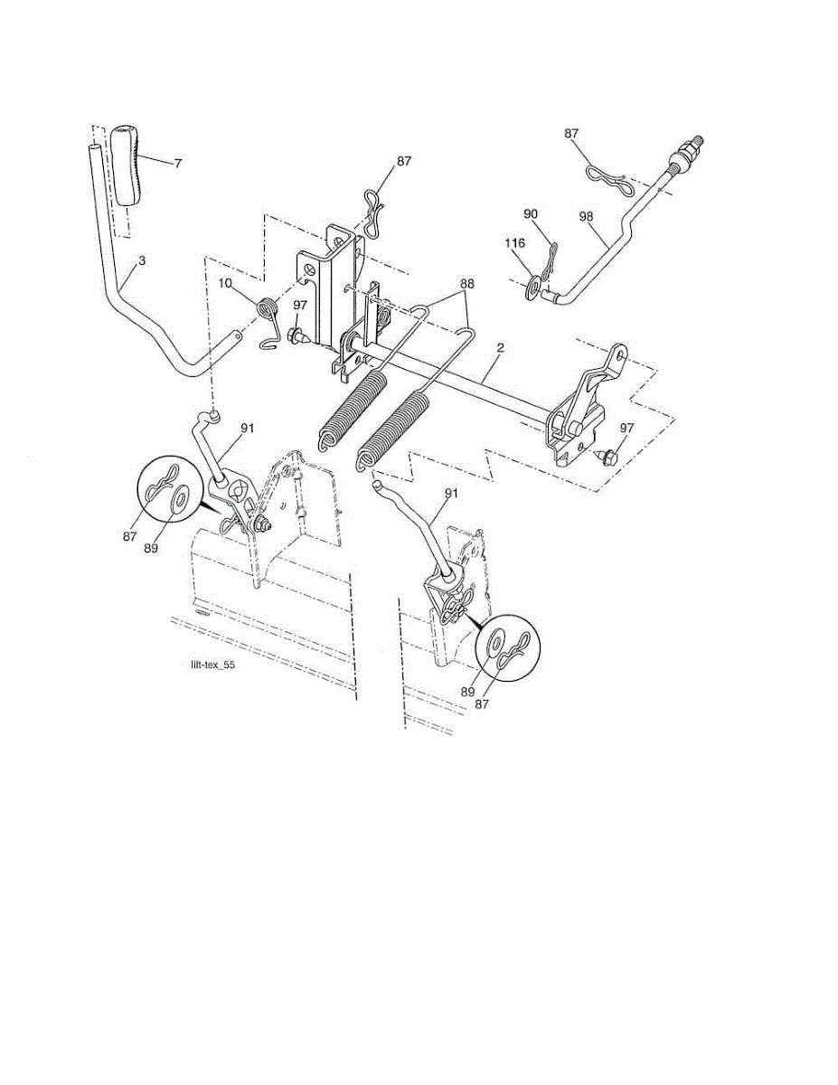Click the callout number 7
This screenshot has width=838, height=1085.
(x=178, y=164)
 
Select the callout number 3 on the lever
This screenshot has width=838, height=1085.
(x=142, y=260)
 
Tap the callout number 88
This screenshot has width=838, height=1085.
(x=466, y=283)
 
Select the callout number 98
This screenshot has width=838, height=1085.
(x=587, y=217)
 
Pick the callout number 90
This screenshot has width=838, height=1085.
(x=531, y=213)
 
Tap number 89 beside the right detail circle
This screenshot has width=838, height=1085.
(x=469, y=691)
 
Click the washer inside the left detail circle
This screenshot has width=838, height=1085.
(x=178, y=497)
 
